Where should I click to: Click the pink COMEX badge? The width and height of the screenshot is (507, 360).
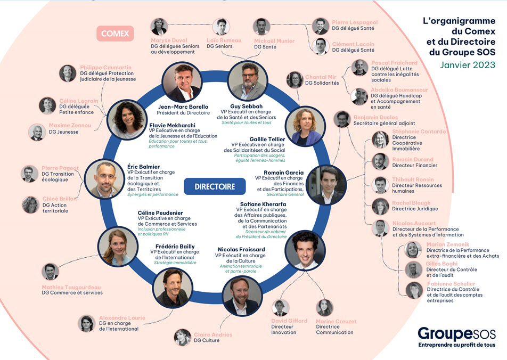pyautogui.click(x=115, y=34)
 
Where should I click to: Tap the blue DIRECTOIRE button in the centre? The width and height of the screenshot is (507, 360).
pyautogui.click(x=215, y=186)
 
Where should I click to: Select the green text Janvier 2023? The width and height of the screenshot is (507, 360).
pyautogui.click(x=468, y=65)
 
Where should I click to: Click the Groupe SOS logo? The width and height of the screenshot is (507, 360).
pyautogui.click(x=456, y=337)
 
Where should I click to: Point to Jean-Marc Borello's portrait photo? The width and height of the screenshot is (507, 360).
pyautogui.click(x=182, y=82)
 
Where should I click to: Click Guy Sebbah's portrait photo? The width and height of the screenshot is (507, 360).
pyautogui.click(x=248, y=80)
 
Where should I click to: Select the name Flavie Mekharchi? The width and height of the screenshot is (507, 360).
pyautogui.click(x=173, y=125)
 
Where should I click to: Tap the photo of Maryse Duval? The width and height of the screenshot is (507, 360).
pyautogui.click(x=159, y=27)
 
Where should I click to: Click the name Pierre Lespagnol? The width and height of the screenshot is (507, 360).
pyautogui.click(x=355, y=22)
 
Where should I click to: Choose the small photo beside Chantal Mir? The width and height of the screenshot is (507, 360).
pyautogui.click(x=295, y=80)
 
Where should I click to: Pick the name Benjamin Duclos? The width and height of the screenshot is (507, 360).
pyautogui.click(x=375, y=117)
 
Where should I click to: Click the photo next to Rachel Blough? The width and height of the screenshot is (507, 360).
pyautogui.click(x=380, y=207)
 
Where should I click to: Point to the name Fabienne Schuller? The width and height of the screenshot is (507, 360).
pyautogui.click(x=451, y=284)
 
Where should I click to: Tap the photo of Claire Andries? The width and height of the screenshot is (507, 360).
pyautogui.click(x=183, y=337)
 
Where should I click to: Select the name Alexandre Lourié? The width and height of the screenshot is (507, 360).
pyautogui.click(x=122, y=317)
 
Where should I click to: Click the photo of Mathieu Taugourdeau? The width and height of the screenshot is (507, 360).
pyautogui.click(x=50, y=272)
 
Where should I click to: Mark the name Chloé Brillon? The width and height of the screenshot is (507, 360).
pyautogui.click(x=60, y=199)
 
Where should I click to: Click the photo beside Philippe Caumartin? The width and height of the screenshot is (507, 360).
pyautogui.click(x=68, y=73)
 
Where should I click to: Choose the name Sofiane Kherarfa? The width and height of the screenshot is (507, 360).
pyautogui.click(x=263, y=204)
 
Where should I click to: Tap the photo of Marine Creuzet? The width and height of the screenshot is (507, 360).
pyautogui.click(x=325, y=308)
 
